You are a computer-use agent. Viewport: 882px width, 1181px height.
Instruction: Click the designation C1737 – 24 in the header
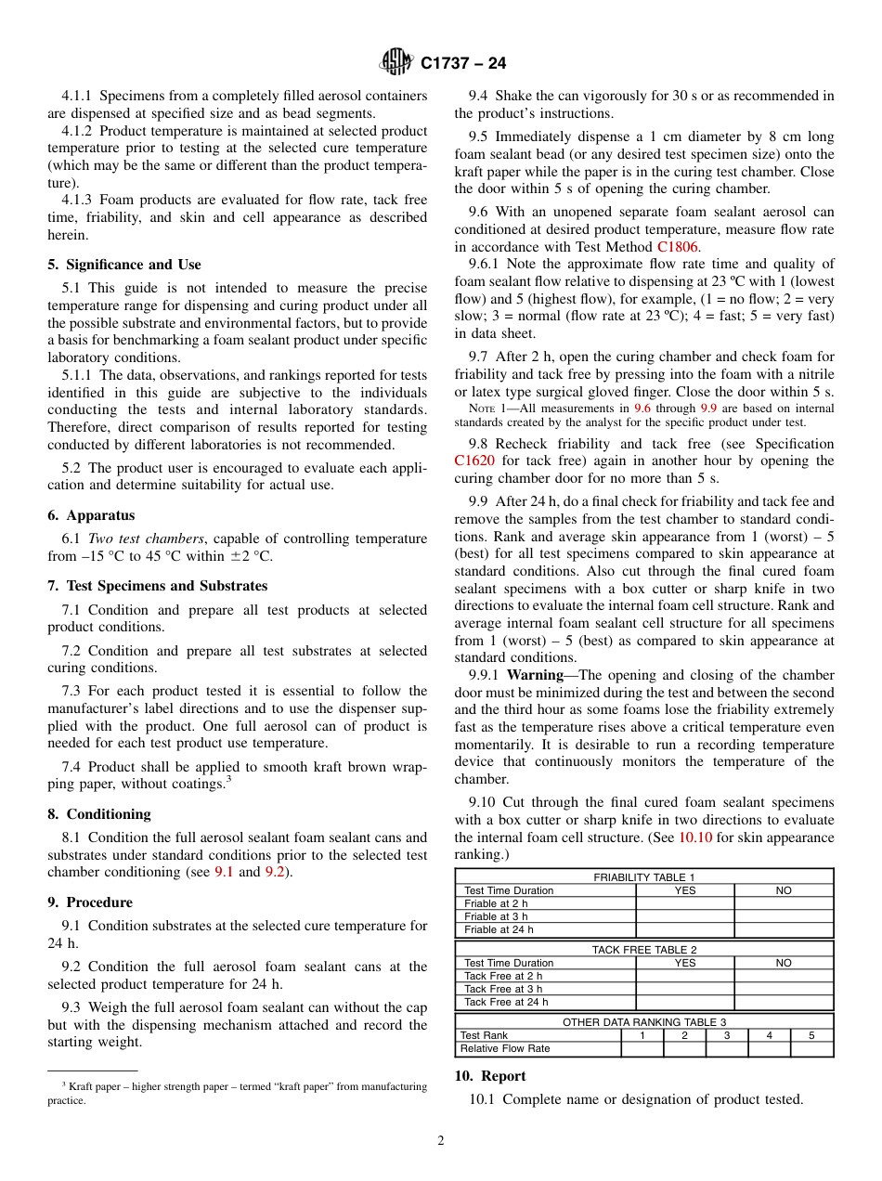click(x=463, y=64)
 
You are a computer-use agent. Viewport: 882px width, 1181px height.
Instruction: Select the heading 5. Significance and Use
click(x=123, y=265)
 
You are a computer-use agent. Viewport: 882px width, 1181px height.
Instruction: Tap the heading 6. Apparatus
click(x=91, y=515)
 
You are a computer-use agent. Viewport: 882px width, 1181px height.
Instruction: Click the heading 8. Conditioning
click(x=98, y=814)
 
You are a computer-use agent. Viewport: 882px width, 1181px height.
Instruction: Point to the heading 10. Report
click(x=489, y=1076)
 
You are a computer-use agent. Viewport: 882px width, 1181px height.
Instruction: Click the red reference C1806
click(x=679, y=247)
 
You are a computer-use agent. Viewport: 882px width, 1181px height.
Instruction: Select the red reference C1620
click(x=473, y=461)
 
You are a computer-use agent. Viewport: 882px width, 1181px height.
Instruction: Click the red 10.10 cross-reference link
click(x=695, y=837)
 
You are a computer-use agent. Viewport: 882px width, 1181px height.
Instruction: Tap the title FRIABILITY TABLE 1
click(x=644, y=877)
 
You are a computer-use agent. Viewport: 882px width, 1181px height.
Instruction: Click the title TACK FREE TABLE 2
click(x=644, y=950)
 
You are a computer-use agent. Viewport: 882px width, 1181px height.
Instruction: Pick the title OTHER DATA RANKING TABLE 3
click(x=644, y=1022)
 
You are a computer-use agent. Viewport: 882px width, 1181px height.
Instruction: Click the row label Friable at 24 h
click(x=499, y=929)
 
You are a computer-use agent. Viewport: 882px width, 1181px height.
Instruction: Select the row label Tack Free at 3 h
click(x=502, y=989)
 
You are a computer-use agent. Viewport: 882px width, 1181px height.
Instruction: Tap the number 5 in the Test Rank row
click(x=811, y=1035)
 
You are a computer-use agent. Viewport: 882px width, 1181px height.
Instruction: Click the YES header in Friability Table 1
click(x=684, y=890)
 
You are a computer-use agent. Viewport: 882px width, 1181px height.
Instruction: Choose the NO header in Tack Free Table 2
click(x=784, y=963)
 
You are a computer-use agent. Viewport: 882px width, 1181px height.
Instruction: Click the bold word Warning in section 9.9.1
click(x=535, y=675)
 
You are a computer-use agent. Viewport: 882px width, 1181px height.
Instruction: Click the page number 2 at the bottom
click(x=441, y=1141)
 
